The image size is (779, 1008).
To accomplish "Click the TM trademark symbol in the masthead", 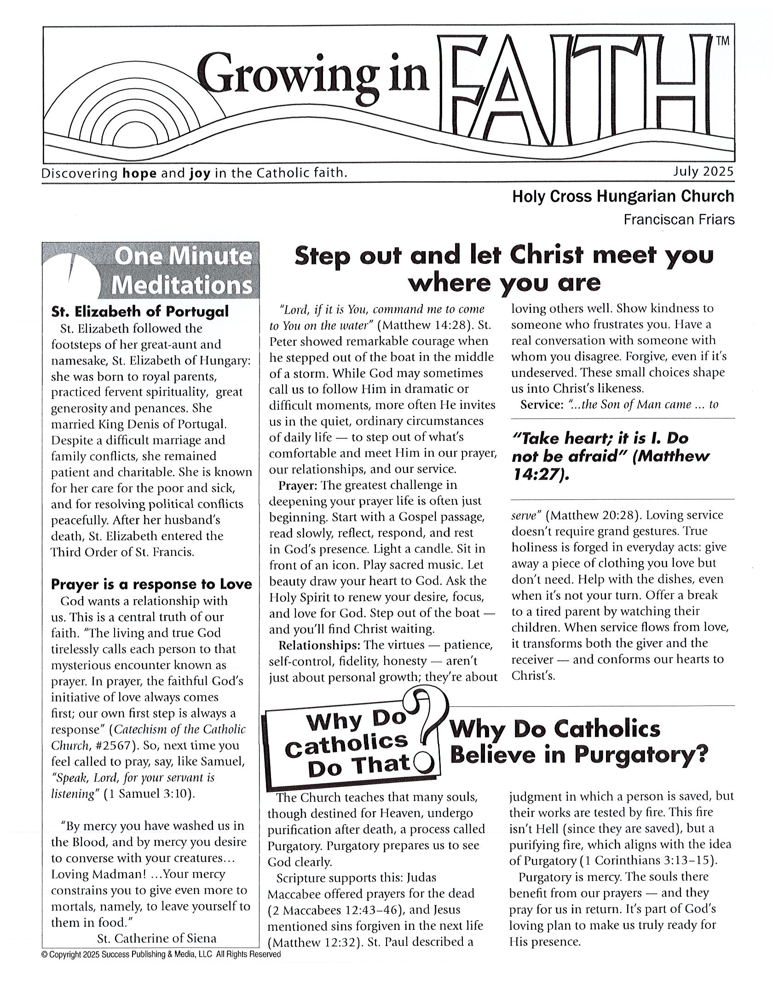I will [x=723, y=41].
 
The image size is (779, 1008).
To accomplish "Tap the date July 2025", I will [x=703, y=172].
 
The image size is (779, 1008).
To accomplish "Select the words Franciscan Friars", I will [x=679, y=220].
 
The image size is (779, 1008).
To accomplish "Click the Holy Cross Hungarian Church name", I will [x=623, y=197].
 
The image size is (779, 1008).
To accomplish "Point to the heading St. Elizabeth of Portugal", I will [x=140, y=311].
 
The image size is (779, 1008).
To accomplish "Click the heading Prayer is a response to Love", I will [x=151, y=584].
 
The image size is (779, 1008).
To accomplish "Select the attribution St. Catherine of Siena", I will [x=156, y=938].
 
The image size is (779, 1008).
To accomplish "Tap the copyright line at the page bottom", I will [x=161, y=954].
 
